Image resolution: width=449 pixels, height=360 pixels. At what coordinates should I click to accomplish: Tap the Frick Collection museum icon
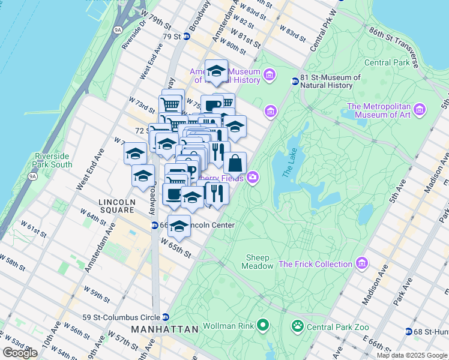[361, 263]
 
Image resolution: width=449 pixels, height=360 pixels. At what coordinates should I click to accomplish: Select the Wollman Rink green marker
[262, 326]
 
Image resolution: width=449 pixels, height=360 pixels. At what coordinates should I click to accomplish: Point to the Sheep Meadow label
[259, 262]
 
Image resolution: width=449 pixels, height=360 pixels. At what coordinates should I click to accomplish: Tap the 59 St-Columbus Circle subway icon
[166, 317]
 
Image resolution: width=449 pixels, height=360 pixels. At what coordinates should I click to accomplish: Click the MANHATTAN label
[165, 329]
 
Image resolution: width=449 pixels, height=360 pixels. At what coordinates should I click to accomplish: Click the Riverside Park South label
[53, 160]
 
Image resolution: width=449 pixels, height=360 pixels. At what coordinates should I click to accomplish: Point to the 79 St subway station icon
[187, 36]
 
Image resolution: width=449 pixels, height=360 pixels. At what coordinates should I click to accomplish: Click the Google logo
[20, 353]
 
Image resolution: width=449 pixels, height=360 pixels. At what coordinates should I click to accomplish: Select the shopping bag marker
[235, 162]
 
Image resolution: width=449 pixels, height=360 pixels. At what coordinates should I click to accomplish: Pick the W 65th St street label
[175, 247]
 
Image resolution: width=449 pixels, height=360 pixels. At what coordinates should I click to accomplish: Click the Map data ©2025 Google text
[412, 355]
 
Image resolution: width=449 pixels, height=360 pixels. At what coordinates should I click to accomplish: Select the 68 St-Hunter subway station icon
[409, 331]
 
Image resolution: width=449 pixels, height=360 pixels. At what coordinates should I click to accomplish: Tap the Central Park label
[386, 62]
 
